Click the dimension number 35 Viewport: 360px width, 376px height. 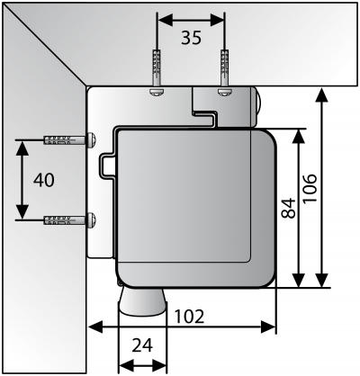pos(192,38)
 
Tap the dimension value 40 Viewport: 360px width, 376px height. pos(44,180)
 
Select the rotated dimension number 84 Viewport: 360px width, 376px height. pos(289,208)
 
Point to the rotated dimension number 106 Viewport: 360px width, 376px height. pos(310,188)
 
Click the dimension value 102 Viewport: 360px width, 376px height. pos(189,317)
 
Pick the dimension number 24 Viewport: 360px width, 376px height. pos(142,345)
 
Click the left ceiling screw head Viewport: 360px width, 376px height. pos(157,92)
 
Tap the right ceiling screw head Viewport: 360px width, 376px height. pos(224,92)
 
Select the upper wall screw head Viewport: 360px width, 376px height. pos(92,139)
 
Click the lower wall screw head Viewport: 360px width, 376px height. pos(92,219)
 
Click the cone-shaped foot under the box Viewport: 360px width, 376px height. pos(142,301)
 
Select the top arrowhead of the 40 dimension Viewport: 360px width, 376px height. pos(22,148)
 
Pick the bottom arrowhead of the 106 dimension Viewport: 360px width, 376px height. pos(322,280)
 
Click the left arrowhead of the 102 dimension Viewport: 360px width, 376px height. pos(96,327)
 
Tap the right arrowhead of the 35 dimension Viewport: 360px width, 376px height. pos(217,20)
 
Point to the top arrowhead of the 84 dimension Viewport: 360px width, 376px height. pos(299,137)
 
